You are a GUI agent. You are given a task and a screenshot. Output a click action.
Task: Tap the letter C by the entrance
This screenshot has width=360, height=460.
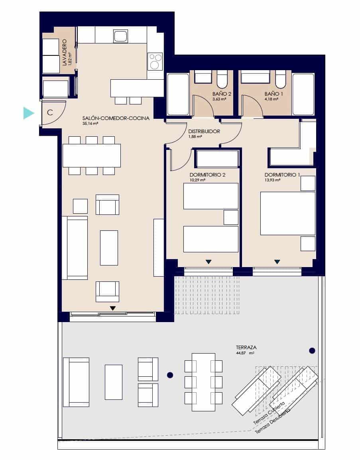click(x=50, y=112)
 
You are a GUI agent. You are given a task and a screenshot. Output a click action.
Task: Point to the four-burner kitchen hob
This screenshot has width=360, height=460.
click(x=155, y=62)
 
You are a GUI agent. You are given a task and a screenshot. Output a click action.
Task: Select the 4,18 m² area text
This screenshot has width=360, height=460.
click(x=270, y=100)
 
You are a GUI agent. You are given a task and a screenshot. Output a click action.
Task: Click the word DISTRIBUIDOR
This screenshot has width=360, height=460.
click(x=204, y=131)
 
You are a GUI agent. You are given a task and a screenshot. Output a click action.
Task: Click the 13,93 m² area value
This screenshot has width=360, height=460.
click(x=273, y=180)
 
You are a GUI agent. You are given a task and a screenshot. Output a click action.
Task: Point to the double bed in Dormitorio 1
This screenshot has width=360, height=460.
click(x=287, y=213)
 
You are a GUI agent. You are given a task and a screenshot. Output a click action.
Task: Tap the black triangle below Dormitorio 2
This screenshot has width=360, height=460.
click(x=208, y=262)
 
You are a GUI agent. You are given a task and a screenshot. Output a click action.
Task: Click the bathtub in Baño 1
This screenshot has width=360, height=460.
click(x=303, y=94)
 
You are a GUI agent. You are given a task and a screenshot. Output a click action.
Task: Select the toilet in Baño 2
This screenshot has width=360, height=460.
click(x=222, y=79)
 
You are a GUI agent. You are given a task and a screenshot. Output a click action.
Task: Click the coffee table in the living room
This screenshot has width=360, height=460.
click(x=109, y=248)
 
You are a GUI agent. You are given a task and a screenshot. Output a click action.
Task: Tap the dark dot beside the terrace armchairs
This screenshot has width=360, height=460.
click(x=170, y=375)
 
